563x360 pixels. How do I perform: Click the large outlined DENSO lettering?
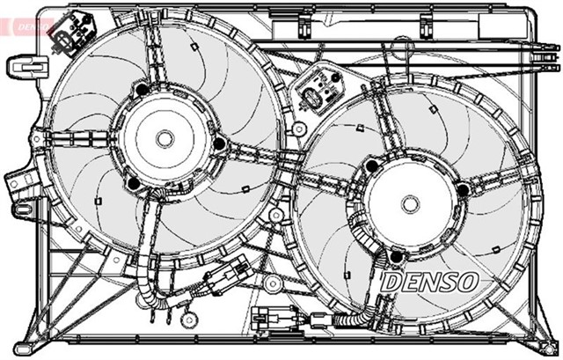click(431, 282)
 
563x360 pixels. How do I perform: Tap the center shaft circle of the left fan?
click(165, 138)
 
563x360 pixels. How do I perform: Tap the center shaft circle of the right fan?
click(410, 203)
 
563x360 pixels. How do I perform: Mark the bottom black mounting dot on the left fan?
click(133, 183)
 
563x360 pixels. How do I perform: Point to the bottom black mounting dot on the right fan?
click(397, 256)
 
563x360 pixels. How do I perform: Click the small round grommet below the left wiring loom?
click(186, 316)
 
